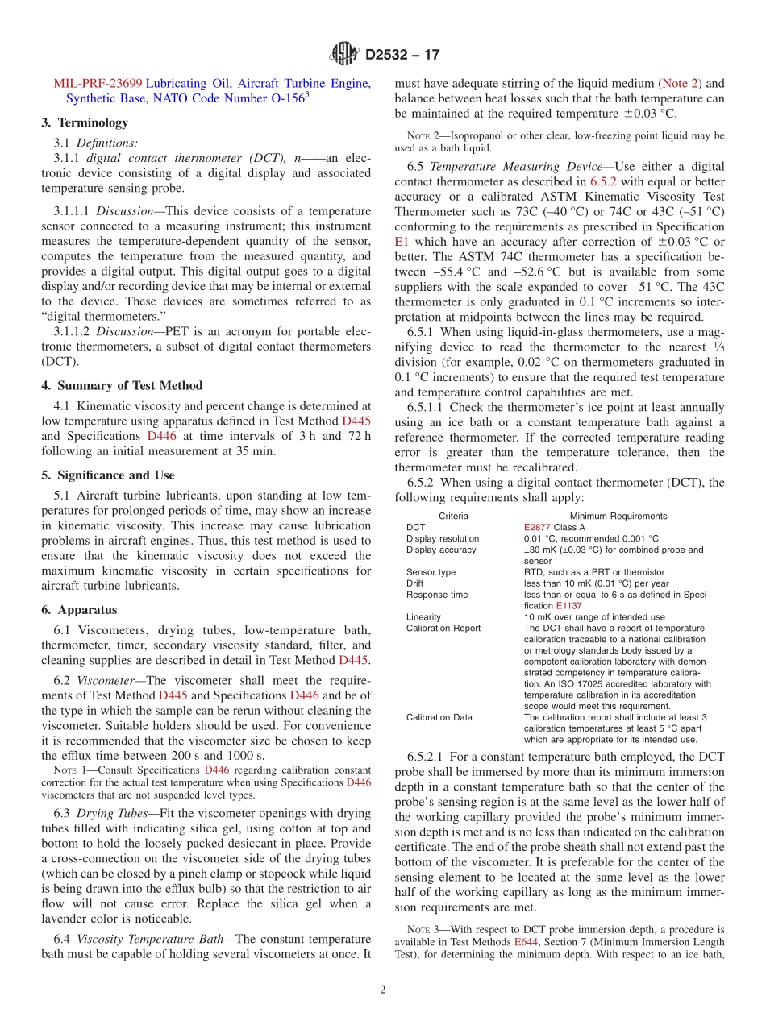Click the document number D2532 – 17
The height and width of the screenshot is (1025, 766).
[x=402, y=56]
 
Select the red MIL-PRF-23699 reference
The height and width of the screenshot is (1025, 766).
[x=98, y=83]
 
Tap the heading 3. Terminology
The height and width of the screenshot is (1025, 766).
[x=85, y=122]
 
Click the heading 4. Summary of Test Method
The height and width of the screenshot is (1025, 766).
[x=122, y=385]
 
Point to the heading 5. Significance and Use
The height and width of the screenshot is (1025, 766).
[x=108, y=475]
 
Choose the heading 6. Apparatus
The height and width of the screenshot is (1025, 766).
[x=79, y=610]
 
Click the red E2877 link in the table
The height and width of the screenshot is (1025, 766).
[x=537, y=527]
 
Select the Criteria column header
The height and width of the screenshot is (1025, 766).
[x=453, y=516]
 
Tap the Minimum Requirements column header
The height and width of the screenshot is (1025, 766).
[x=618, y=516]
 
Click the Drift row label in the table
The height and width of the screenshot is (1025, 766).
[x=415, y=583]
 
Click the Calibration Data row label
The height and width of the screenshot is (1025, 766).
[x=439, y=717]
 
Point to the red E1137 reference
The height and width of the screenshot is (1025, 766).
[x=568, y=605]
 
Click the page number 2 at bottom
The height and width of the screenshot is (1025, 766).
[x=383, y=990]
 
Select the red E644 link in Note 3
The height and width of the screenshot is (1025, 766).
[x=525, y=941]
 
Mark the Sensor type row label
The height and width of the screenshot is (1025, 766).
[x=431, y=571]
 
